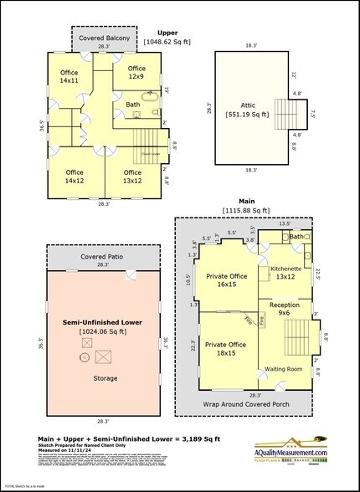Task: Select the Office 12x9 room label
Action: (136, 73)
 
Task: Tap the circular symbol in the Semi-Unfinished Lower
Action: (84, 357)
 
